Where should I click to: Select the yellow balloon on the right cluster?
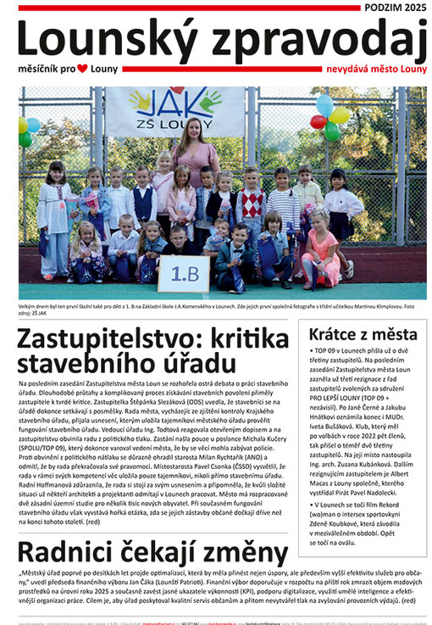(x=340, y=114)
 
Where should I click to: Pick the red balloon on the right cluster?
(x=319, y=121)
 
